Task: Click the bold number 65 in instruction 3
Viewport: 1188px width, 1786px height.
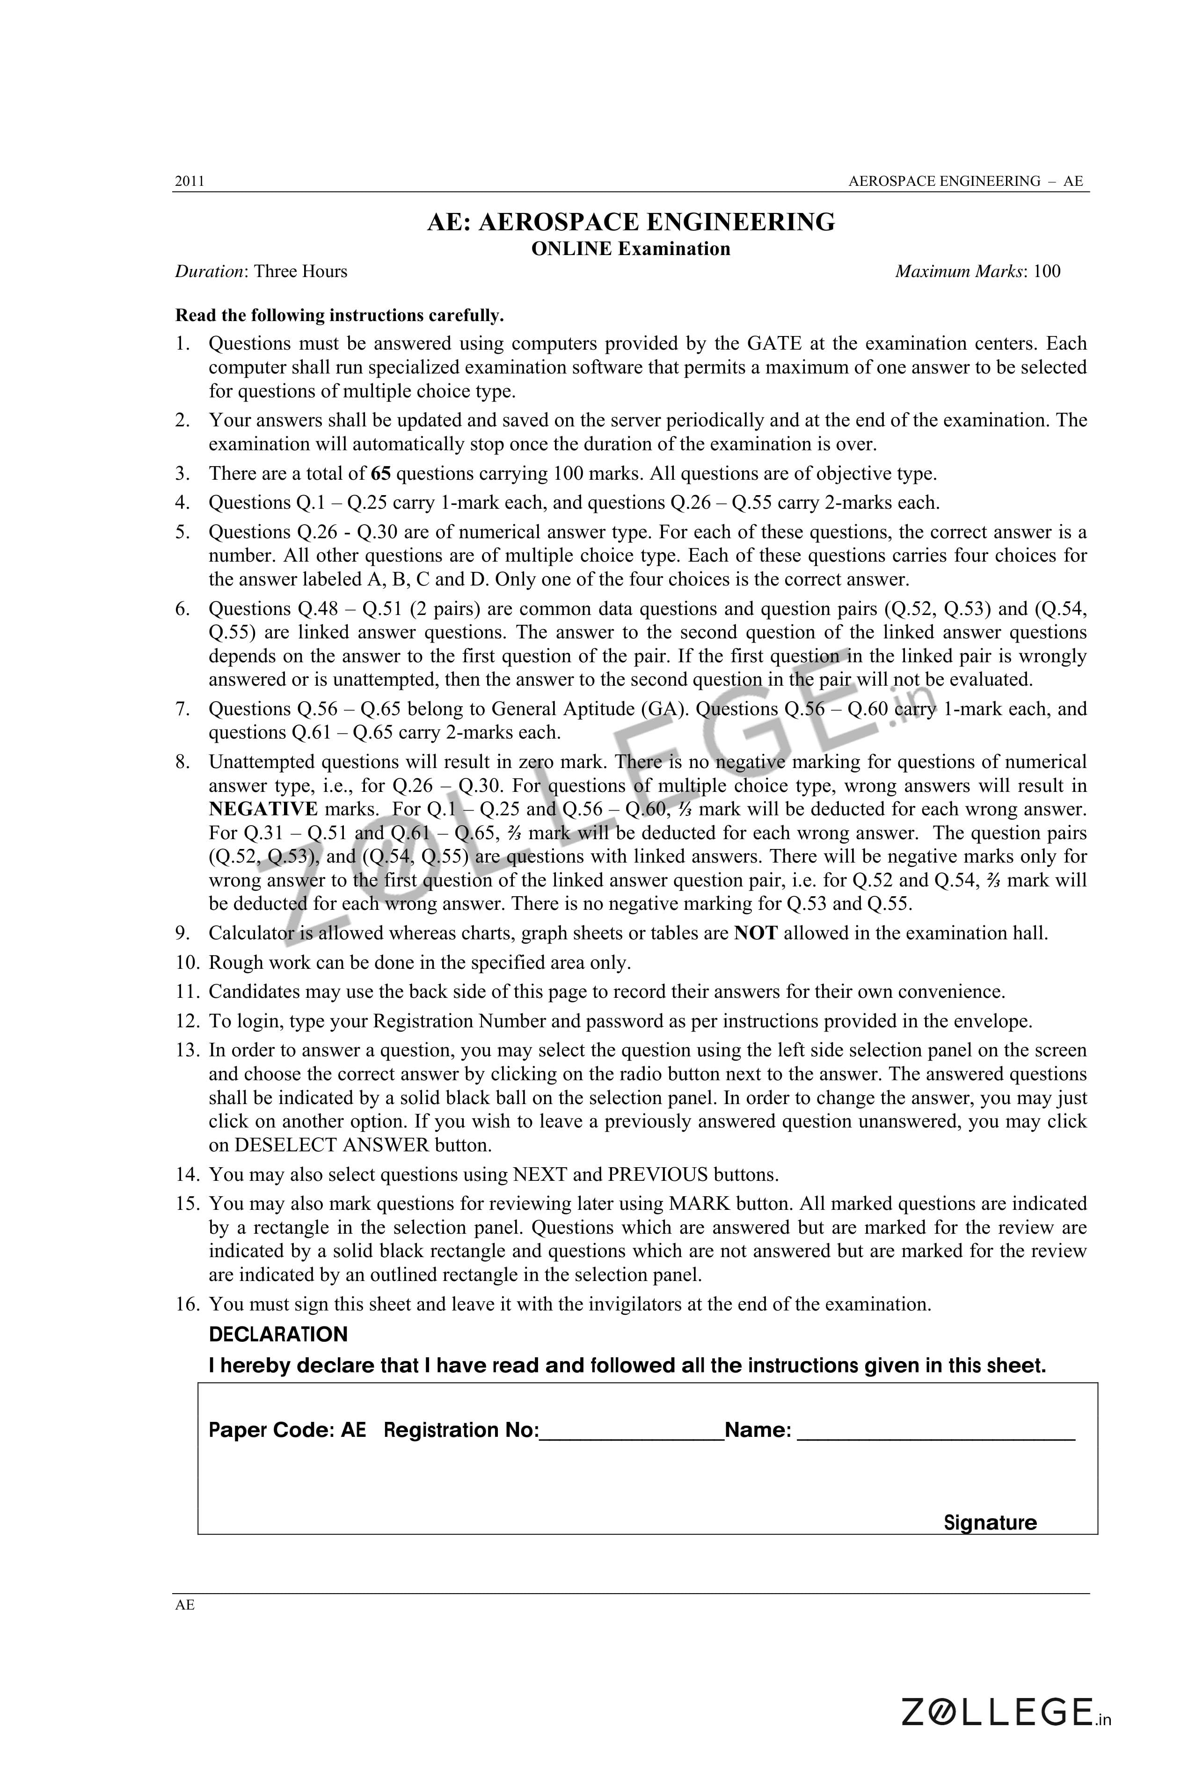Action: pos(381,474)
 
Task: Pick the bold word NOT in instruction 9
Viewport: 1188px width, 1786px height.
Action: pos(755,934)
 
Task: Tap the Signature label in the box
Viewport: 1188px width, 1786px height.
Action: pos(990,1523)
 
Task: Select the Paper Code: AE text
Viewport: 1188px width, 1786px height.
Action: pos(287,1431)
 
